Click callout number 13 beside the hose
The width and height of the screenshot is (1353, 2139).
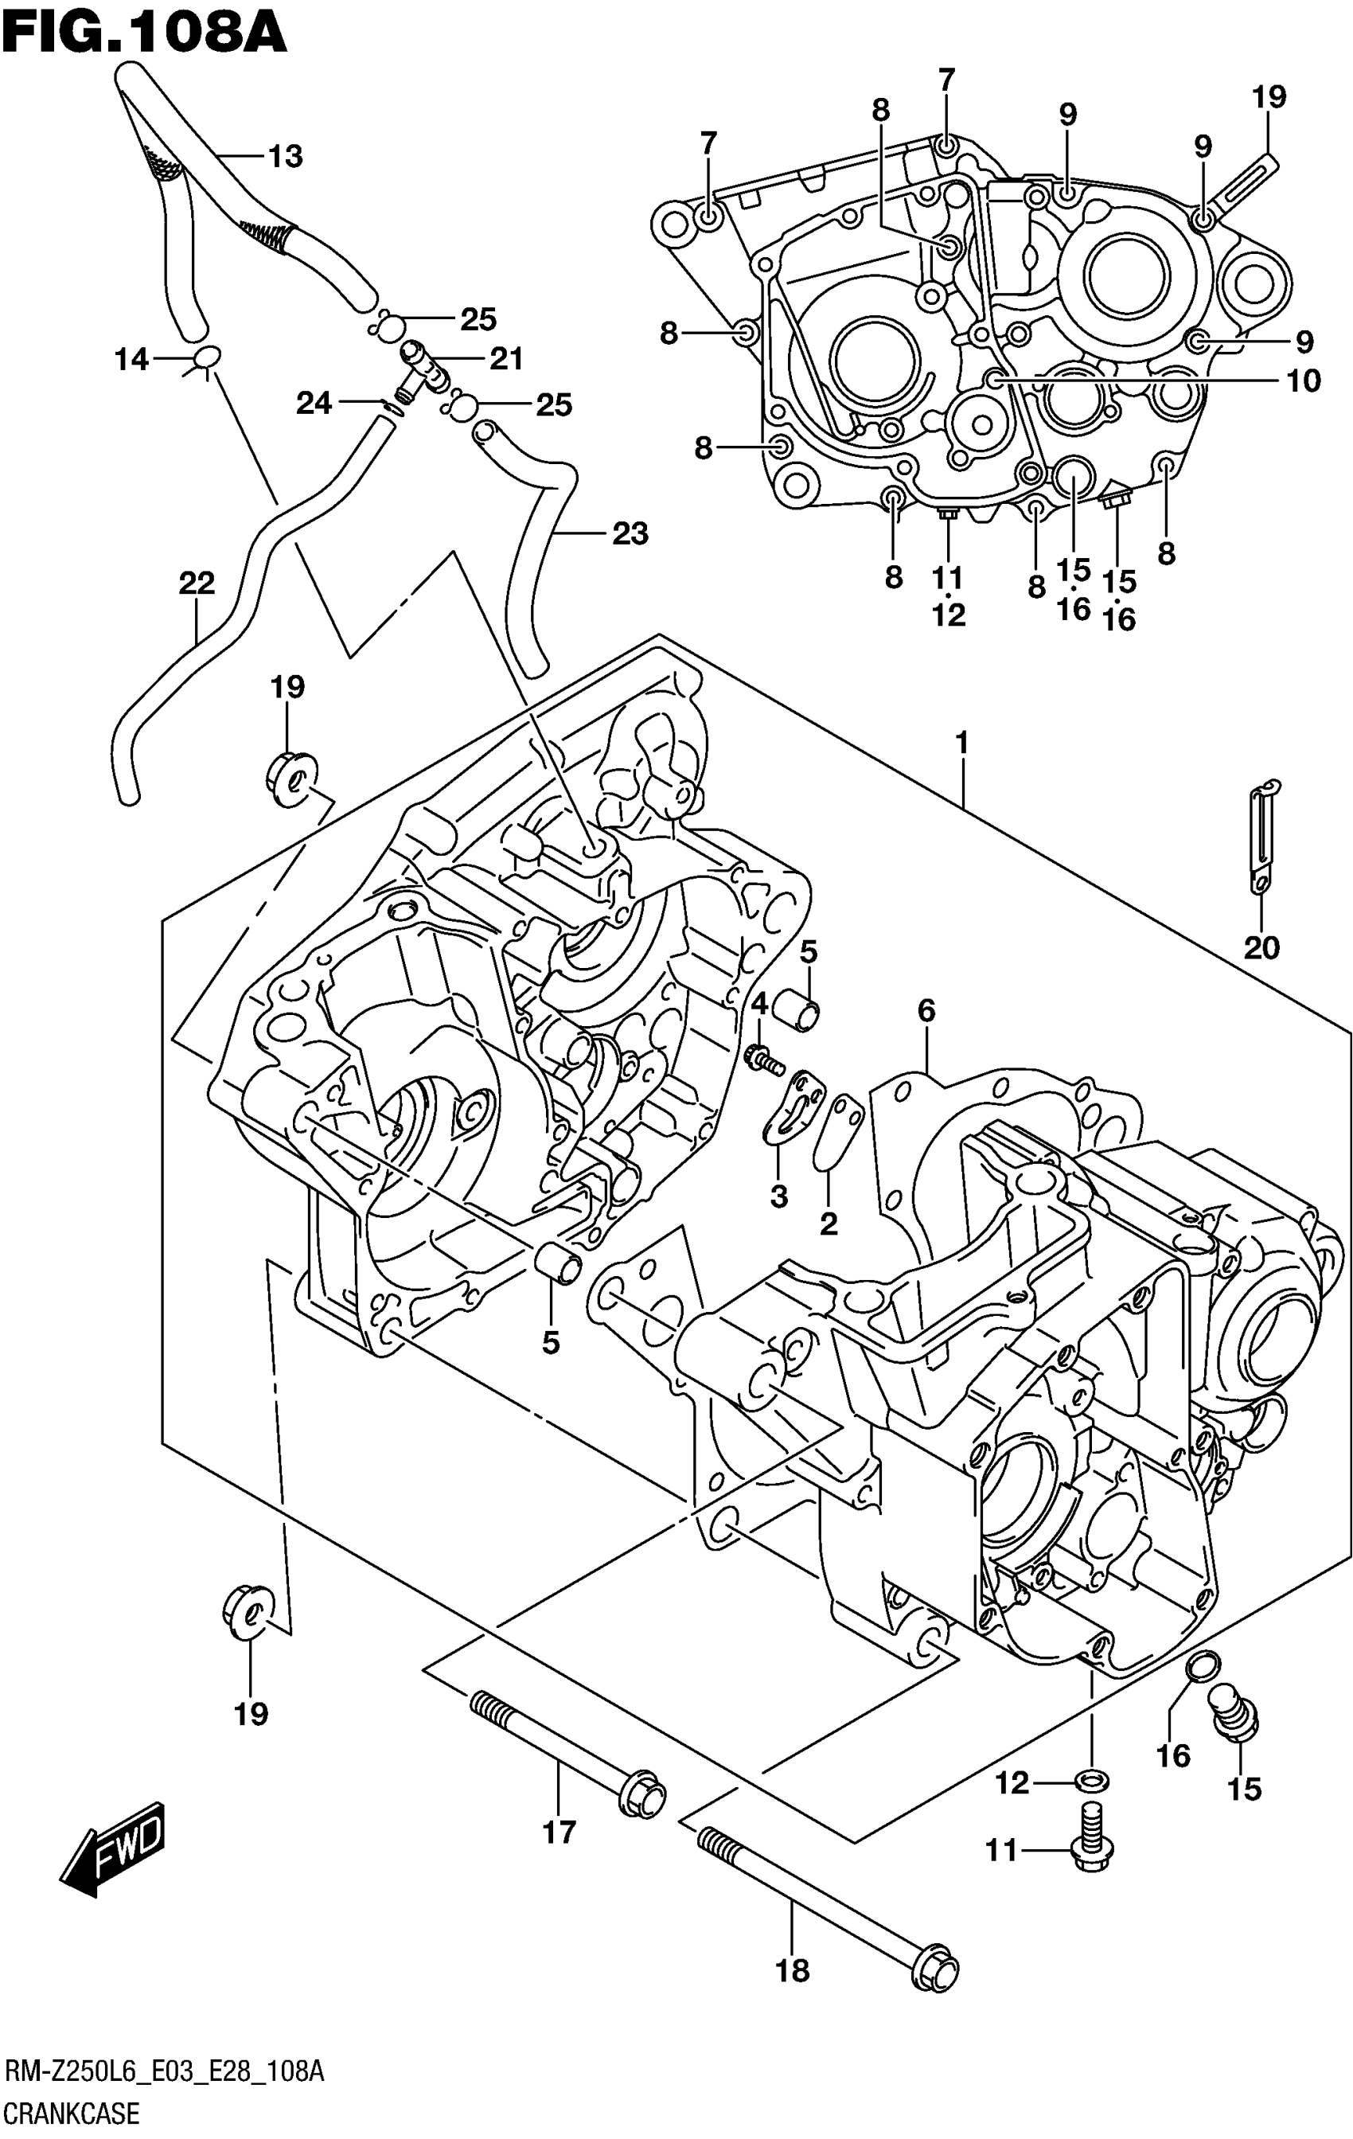tap(286, 156)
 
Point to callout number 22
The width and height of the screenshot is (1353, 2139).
tap(197, 584)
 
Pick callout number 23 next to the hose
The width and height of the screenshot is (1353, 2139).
tap(630, 534)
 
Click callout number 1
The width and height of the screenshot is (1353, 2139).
tap(962, 743)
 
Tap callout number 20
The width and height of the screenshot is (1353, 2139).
tap(1261, 948)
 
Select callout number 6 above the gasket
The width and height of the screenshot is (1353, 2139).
tap(926, 1010)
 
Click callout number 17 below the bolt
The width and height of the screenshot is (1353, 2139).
tap(560, 1831)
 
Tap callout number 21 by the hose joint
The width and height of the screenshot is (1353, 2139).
tap(507, 359)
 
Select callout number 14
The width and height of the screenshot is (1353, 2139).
tap(131, 360)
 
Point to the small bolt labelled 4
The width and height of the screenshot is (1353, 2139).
tap(763, 1059)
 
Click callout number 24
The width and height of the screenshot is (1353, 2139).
tap(314, 404)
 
